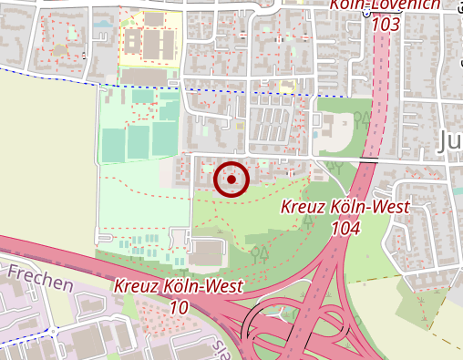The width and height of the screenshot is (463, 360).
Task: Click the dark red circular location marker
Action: (231, 180)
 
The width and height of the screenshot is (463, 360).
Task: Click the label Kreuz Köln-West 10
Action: (179, 296)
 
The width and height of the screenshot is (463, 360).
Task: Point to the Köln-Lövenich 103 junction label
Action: (386, 13)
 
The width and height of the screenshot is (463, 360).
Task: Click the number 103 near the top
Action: (386, 25)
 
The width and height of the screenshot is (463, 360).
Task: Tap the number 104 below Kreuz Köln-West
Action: (345, 227)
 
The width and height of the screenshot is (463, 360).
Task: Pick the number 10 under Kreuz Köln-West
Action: (179, 307)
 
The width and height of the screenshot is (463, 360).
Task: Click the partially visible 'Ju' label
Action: (450, 140)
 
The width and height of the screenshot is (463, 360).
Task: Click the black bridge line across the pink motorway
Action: (368, 159)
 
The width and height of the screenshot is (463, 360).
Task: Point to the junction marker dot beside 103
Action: (366, 14)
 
